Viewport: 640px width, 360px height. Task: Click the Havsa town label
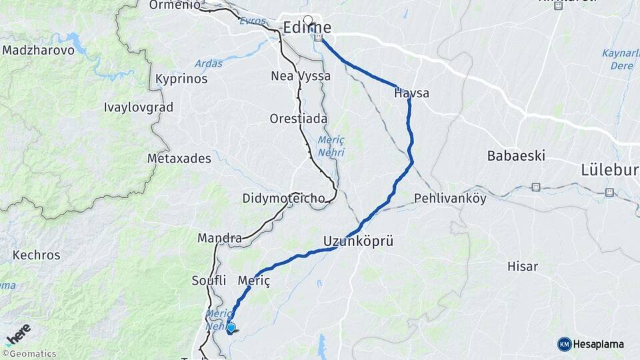point(411,93)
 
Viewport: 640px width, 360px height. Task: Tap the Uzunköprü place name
point(358,241)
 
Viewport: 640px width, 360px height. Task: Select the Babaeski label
point(516,156)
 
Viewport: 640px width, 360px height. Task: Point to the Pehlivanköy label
point(450,198)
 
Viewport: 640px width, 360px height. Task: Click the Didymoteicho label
point(283,199)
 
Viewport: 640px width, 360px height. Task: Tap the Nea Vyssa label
point(300,76)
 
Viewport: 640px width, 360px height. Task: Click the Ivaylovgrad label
point(139,107)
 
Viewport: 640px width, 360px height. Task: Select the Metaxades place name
point(179,159)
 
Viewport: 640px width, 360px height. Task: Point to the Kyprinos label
point(181,79)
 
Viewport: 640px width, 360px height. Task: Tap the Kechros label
point(36,255)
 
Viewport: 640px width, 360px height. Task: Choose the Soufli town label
point(209,280)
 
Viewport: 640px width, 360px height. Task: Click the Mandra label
point(219,238)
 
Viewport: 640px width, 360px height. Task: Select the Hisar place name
point(522,267)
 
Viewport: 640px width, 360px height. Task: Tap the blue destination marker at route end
point(231,327)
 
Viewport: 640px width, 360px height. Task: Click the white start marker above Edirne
point(308,20)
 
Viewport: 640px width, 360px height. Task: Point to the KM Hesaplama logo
point(591,344)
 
